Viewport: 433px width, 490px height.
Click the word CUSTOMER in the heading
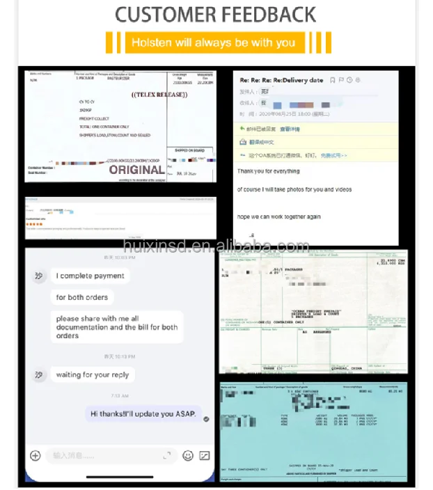click(164, 14)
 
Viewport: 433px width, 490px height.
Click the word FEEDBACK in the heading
click(267, 14)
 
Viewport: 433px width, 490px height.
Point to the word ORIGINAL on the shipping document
click(137, 169)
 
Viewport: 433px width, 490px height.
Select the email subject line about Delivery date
click(281, 80)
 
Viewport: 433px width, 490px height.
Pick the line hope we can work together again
click(278, 216)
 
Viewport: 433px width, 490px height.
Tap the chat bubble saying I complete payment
click(90, 276)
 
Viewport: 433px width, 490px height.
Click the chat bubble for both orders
click(82, 297)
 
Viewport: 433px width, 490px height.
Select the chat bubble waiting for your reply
click(93, 374)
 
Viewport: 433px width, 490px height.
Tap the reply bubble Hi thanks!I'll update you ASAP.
click(144, 413)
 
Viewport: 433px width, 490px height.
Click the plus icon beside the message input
click(36, 455)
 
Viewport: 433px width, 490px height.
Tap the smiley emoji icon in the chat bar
click(187, 455)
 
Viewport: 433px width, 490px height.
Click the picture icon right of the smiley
click(205, 455)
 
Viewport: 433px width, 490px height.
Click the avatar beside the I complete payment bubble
click(39, 276)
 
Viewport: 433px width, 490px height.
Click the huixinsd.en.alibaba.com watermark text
click(216, 246)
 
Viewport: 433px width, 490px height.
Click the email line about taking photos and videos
click(294, 189)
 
